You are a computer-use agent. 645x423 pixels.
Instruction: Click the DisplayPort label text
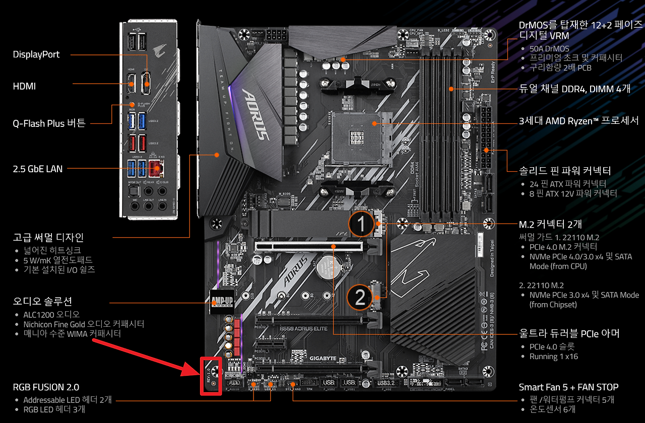tap(36, 54)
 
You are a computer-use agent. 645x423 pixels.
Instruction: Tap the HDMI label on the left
tap(24, 86)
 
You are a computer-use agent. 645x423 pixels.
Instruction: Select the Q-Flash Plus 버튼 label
tap(49, 123)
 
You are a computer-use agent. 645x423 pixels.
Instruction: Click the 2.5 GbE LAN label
tap(38, 169)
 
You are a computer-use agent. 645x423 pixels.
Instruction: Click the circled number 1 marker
tap(361, 223)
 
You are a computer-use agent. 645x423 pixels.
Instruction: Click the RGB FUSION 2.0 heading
tap(46, 387)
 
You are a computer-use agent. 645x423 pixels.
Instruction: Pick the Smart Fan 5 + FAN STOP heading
tap(568, 387)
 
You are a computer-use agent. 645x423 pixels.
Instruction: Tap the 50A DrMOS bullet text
tap(549, 49)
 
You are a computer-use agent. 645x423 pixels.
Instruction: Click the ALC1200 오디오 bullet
tap(51, 314)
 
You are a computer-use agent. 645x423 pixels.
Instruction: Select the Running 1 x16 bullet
tap(553, 357)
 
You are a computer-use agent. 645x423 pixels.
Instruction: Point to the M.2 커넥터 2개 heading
tap(550, 224)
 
